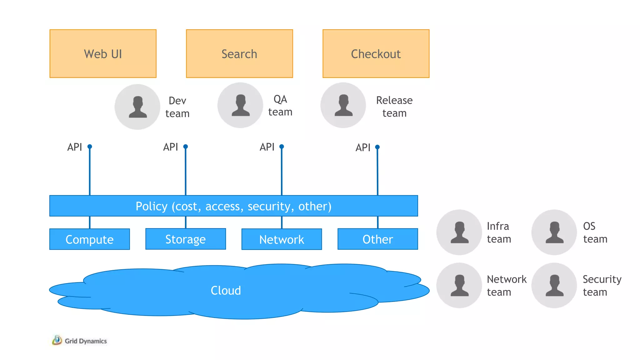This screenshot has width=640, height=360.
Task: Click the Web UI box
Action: click(x=103, y=53)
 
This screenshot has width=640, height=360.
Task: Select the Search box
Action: click(x=239, y=53)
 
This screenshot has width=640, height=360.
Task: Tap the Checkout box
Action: click(x=376, y=53)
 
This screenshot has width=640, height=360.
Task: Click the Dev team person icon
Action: click(x=137, y=107)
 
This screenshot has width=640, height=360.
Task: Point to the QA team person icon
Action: click(x=240, y=105)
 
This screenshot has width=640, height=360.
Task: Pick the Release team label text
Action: click(x=394, y=107)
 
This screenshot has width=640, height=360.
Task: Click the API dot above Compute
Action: click(x=90, y=147)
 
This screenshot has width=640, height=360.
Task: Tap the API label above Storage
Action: click(x=170, y=147)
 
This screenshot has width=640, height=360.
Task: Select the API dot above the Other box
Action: click(x=377, y=147)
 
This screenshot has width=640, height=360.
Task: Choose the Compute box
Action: click(x=90, y=239)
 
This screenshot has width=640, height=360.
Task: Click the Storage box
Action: click(x=186, y=239)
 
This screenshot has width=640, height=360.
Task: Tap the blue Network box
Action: click(x=282, y=239)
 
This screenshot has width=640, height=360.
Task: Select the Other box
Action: click(x=377, y=239)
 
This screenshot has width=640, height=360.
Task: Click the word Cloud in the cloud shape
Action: click(x=226, y=291)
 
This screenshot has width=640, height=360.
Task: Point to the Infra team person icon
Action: click(x=459, y=232)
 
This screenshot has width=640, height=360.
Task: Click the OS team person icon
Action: click(x=554, y=232)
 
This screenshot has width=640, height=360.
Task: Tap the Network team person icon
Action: click(x=459, y=285)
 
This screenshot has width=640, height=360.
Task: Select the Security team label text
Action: click(x=602, y=285)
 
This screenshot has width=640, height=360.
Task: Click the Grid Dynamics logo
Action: click(x=80, y=341)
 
